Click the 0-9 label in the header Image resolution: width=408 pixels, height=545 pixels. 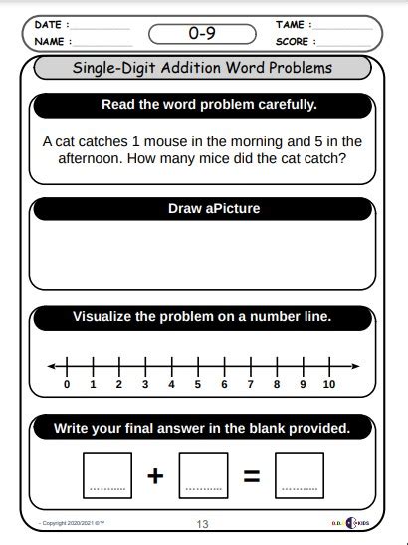click(x=203, y=33)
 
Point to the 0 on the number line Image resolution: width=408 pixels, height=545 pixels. click(x=67, y=384)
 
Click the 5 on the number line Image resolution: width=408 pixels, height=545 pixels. click(x=198, y=384)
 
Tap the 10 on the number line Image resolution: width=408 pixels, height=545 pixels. click(x=329, y=384)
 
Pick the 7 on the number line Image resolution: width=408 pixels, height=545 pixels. click(x=251, y=384)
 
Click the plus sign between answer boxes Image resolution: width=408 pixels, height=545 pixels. click(x=154, y=476)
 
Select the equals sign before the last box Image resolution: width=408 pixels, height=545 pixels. click(x=252, y=476)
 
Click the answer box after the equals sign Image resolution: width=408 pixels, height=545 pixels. click(x=300, y=475)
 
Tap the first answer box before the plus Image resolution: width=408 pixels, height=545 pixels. click(x=106, y=475)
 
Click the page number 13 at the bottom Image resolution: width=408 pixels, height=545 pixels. click(x=202, y=524)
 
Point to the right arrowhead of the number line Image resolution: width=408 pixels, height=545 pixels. click(x=355, y=366)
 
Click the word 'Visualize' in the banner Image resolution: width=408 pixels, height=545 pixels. click(x=102, y=317)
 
